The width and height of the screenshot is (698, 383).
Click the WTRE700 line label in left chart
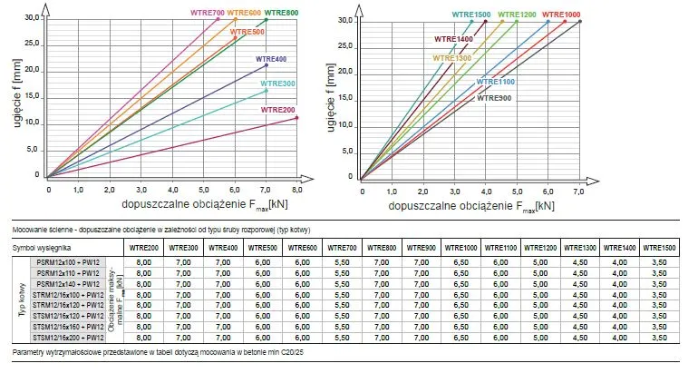[207, 13]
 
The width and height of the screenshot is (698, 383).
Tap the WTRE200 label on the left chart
[277, 110]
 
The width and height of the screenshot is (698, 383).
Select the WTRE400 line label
[270, 58]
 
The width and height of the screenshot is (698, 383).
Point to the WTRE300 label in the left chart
[277, 83]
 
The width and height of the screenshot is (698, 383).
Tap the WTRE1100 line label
[496, 82]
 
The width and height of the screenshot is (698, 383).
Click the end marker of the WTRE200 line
[296, 118]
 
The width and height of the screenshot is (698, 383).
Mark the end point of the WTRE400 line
[266, 65]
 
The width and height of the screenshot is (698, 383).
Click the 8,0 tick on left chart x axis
[296, 189]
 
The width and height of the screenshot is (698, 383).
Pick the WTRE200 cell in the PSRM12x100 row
[143, 261]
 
